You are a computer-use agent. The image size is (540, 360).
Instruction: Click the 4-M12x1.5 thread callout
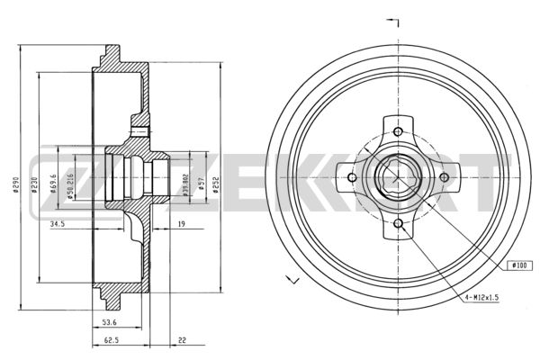click(x=487, y=296)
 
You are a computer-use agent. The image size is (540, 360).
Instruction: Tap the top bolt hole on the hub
click(x=397, y=131)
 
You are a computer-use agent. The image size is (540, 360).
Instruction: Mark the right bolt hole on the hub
click(x=442, y=176)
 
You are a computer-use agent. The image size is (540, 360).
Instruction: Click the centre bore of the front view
click(x=397, y=176)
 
